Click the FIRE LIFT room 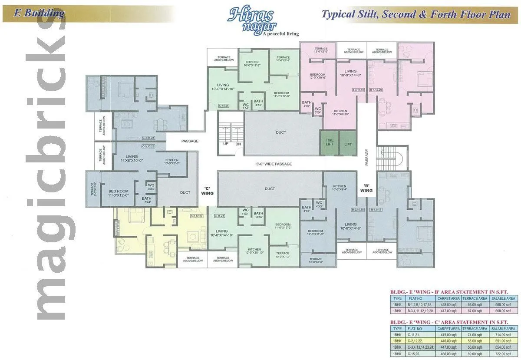coord(330,142)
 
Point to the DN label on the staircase coord(238,144)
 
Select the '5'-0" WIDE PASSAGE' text coord(274,164)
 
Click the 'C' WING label coord(207,190)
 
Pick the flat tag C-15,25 coord(224,106)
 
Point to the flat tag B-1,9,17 coord(376,210)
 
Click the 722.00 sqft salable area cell coord(503,354)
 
